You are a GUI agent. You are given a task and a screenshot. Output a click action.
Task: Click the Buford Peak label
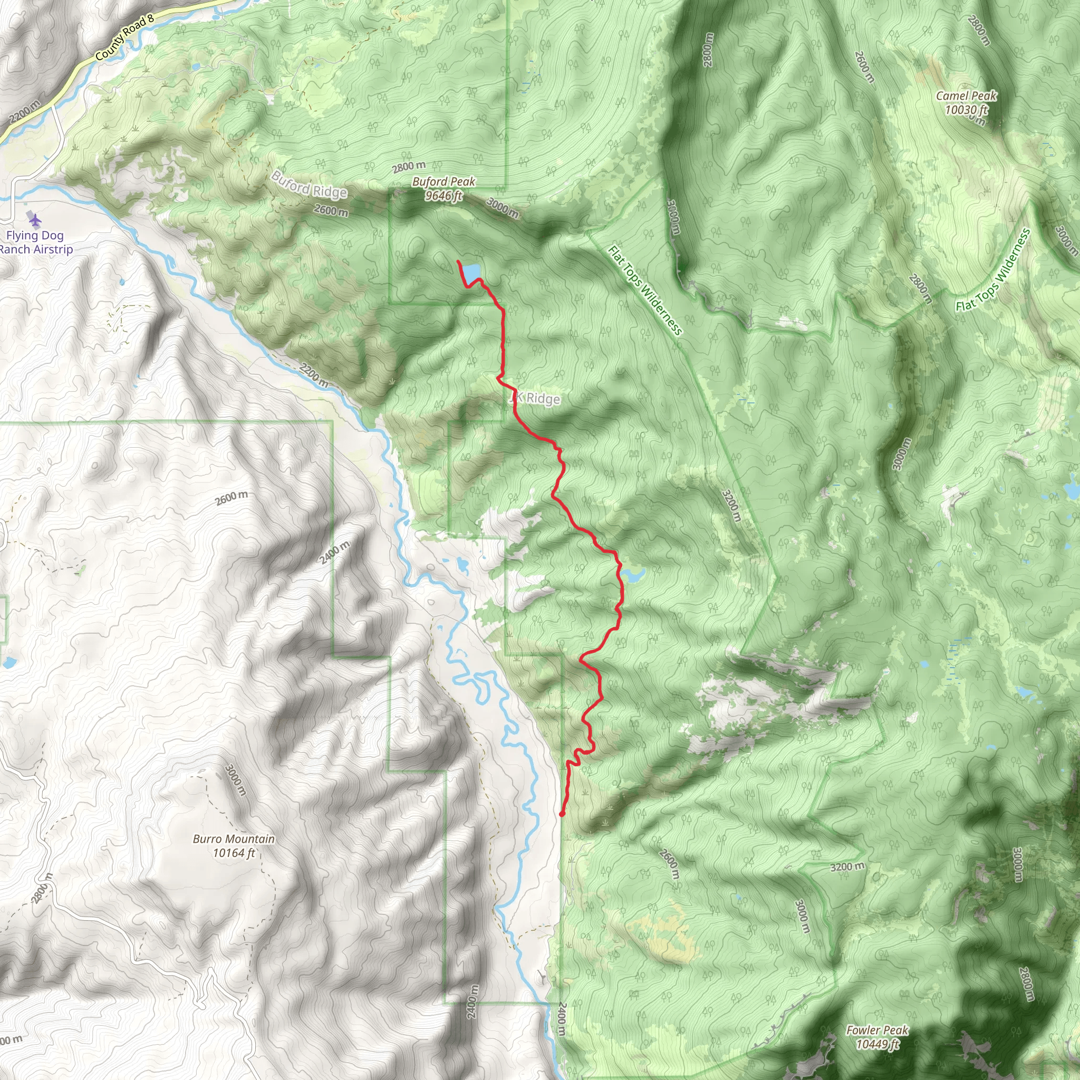(443, 182)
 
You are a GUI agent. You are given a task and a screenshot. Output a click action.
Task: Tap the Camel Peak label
(967, 96)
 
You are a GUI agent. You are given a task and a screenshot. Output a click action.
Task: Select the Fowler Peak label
(877, 1030)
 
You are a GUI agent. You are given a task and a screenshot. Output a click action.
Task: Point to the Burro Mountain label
(234, 839)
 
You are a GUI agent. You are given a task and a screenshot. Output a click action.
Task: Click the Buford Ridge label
(309, 185)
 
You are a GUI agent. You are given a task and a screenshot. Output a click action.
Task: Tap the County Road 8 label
(124, 38)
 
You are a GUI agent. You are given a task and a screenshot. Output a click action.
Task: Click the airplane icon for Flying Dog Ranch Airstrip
(35, 220)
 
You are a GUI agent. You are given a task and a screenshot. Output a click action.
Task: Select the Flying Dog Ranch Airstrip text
(35, 243)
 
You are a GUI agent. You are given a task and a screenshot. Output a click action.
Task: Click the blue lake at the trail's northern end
(471, 272)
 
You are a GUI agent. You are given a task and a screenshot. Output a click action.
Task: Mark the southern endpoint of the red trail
(561, 814)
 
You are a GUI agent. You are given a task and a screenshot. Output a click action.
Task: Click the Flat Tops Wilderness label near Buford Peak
(644, 290)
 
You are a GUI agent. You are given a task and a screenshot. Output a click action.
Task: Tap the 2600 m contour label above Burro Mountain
(232, 497)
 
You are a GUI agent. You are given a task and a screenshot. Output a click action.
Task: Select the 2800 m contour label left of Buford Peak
(409, 166)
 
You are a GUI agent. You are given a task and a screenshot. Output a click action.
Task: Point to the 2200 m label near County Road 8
(25, 112)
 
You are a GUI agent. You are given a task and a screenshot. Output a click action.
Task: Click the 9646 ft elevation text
(443, 196)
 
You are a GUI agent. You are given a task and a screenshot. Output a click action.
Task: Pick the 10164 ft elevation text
(234, 853)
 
